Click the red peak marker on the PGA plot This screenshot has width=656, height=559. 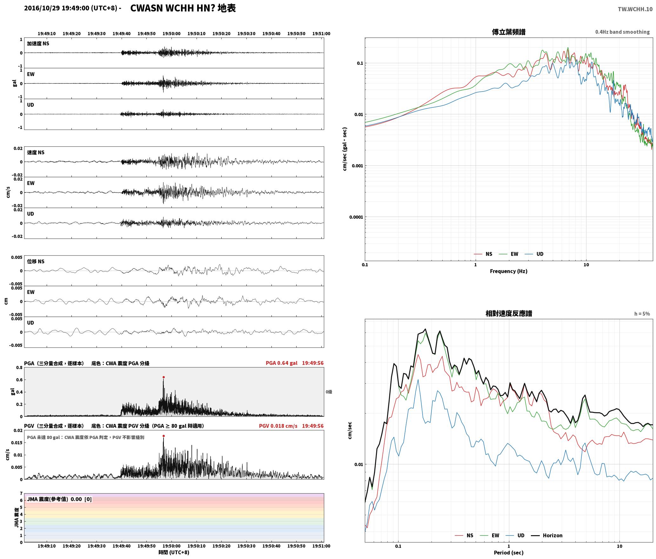pos(164,377)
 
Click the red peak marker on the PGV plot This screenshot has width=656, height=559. pos(164,436)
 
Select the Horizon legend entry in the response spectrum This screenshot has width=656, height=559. pos(547,535)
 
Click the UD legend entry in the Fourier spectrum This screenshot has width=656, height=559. pos(534,254)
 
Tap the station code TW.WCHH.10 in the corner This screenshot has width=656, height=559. pos(635,9)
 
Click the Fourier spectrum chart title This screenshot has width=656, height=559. pos(509,32)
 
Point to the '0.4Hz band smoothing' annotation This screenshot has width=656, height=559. pos(622,32)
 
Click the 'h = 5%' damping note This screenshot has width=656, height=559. pos(642,313)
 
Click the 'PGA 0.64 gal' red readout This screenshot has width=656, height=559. pos(282,363)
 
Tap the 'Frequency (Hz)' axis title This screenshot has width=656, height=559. pos(509,271)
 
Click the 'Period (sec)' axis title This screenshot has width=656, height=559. pos(509,552)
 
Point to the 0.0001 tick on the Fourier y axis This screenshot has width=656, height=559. pos(356,217)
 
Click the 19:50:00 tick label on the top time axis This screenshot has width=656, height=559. pos(171,33)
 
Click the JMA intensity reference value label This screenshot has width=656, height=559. pos(59,499)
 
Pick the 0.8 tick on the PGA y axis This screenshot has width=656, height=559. pos(19,367)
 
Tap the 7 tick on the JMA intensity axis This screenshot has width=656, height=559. pos(21,493)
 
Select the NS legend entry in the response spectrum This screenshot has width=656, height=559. pos(464,535)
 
